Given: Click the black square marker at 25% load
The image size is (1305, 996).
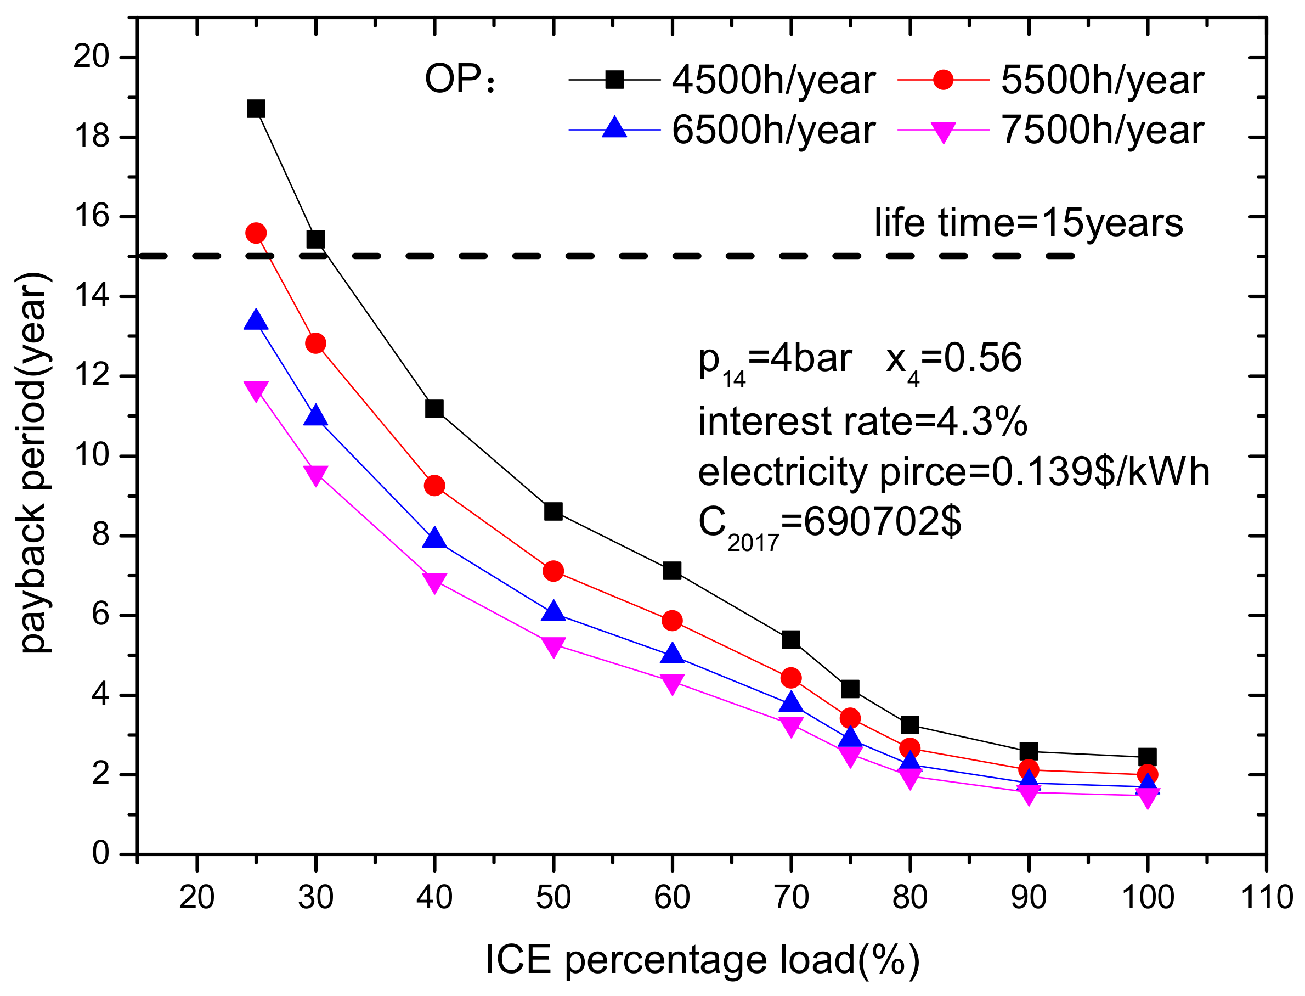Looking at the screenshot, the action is click(x=256, y=109).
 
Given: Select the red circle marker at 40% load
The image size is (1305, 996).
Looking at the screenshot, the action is click(x=434, y=486).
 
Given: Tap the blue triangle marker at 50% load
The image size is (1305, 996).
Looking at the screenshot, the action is click(x=553, y=612).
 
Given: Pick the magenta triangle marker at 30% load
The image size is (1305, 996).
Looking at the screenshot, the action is click(x=315, y=474).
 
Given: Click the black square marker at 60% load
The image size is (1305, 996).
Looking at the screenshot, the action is click(x=672, y=570).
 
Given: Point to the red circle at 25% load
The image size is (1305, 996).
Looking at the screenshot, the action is click(x=256, y=233).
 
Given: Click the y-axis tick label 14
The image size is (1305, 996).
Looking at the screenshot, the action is click(x=91, y=296).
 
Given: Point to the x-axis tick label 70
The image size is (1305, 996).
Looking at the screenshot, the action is click(x=791, y=897).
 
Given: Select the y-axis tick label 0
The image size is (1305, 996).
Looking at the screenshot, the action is click(x=101, y=854).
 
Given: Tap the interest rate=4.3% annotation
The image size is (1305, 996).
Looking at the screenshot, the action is click(x=862, y=421).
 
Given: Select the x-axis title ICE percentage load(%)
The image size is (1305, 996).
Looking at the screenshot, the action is click(x=702, y=960).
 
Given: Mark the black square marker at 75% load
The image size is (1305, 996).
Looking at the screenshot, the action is click(x=850, y=689).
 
